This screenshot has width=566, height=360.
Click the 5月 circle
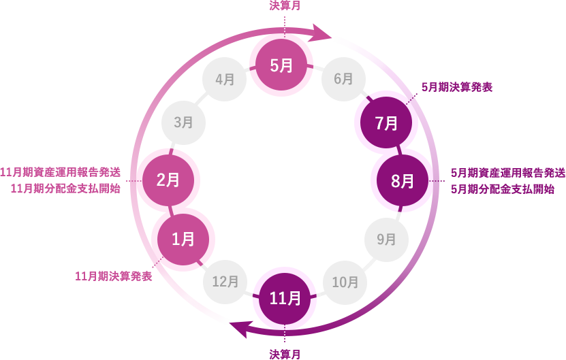[281, 65]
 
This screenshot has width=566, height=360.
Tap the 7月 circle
[386, 123]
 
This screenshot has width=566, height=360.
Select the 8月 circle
[403, 181]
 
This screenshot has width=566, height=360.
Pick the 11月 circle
[285, 298]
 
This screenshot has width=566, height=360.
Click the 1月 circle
[183, 239]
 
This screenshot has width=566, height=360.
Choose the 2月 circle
[168, 180]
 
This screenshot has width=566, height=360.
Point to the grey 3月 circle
[183, 122]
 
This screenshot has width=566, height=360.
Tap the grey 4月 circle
[225, 80]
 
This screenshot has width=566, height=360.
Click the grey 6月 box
[343, 80]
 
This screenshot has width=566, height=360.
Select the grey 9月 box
[386, 239]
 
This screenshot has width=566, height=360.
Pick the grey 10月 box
[345, 282]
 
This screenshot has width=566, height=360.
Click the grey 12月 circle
[225, 281]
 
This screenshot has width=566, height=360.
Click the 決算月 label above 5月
[285, 5]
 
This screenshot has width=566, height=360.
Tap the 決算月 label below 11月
[285, 354]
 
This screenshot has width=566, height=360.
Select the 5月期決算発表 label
[457, 87]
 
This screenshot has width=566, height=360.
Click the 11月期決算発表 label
[113, 276]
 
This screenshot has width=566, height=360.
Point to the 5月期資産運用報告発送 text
[507, 173]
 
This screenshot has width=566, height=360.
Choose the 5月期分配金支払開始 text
[503, 189]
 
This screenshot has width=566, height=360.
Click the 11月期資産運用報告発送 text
[61, 172]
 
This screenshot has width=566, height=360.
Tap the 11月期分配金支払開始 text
[65, 189]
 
